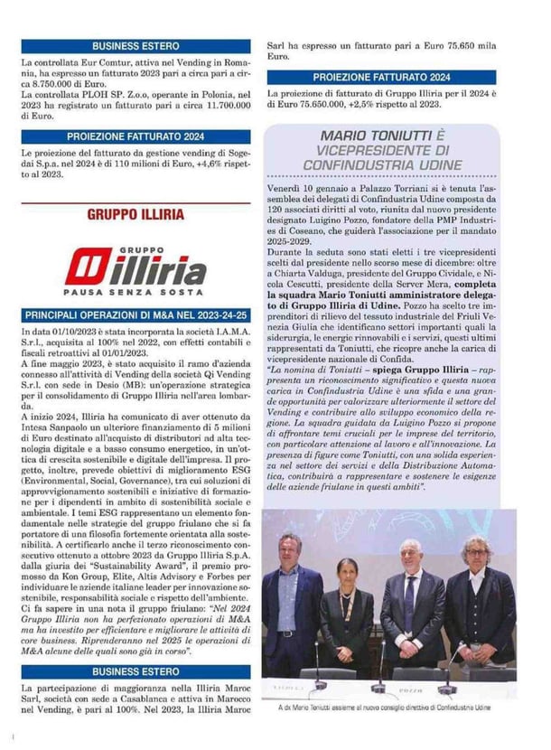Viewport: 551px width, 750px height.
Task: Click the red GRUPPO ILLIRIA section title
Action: [135, 215]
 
